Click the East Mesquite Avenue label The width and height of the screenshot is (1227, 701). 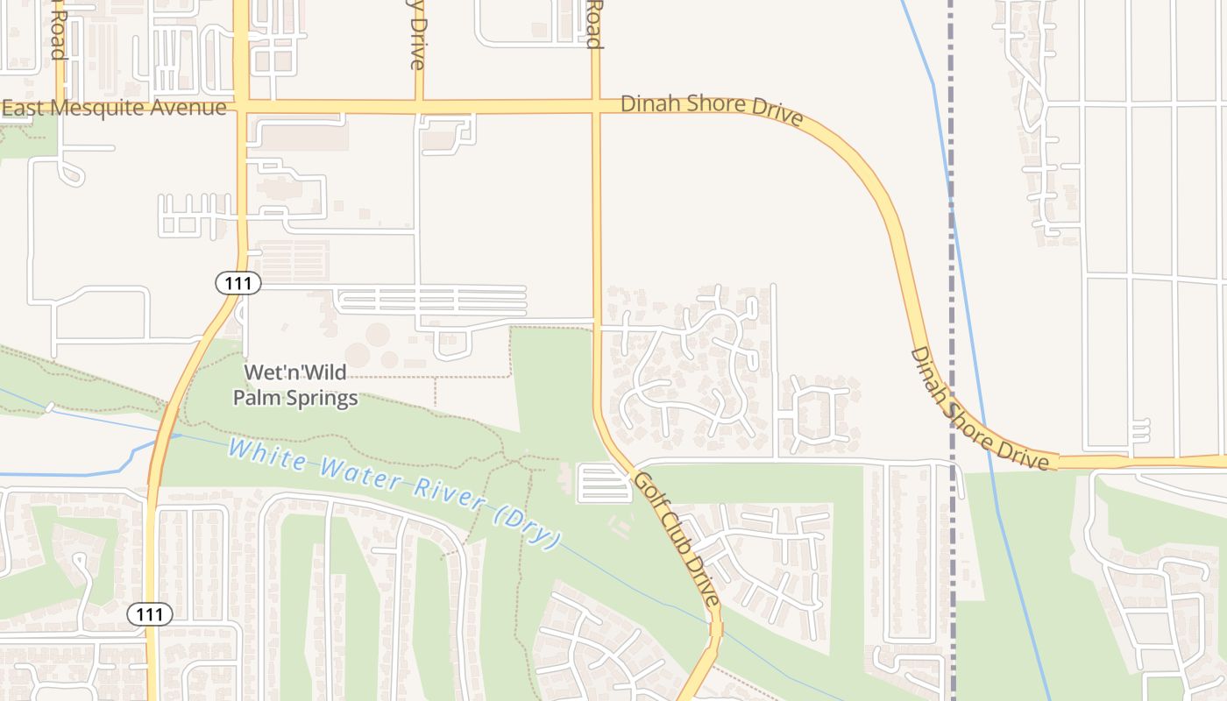pyautogui.click(x=114, y=108)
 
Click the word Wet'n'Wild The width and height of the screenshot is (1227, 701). pyautogui.click(x=282, y=372)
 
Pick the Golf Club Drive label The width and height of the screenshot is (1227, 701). pyautogui.click(x=677, y=540)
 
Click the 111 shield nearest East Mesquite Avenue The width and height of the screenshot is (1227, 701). pyautogui.click(x=238, y=283)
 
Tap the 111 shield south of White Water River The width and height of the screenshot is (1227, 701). pyautogui.click(x=150, y=614)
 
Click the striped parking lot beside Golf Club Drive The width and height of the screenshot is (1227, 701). pyautogui.click(x=604, y=484)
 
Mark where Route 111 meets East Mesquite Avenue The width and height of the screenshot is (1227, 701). pyautogui.click(x=240, y=108)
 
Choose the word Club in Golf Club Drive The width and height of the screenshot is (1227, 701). pyautogui.click(x=677, y=541)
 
